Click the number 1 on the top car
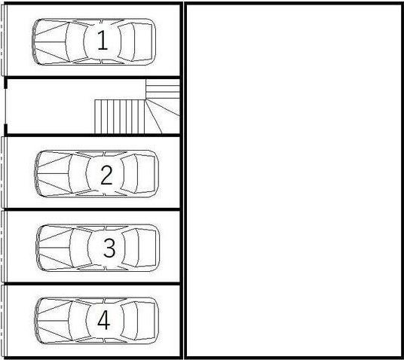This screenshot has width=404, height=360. click(x=102, y=41)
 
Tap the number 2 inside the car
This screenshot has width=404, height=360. click(x=106, y=175)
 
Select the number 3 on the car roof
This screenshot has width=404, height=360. click(x=109, y=248)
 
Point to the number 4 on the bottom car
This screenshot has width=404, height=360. click(x=104, y=321)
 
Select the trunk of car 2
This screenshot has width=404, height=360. click(x=150, y=175)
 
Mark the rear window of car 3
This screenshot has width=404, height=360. click(x=136, y=248)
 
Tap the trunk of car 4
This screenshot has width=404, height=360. click(x=150, y=321)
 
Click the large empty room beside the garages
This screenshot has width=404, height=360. click(x=294, y=181)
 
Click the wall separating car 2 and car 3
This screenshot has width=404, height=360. click(x=90, y=209)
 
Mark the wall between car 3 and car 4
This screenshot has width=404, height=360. click(x=90, y=283)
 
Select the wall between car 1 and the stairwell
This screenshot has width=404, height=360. click(x=90, y=77)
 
